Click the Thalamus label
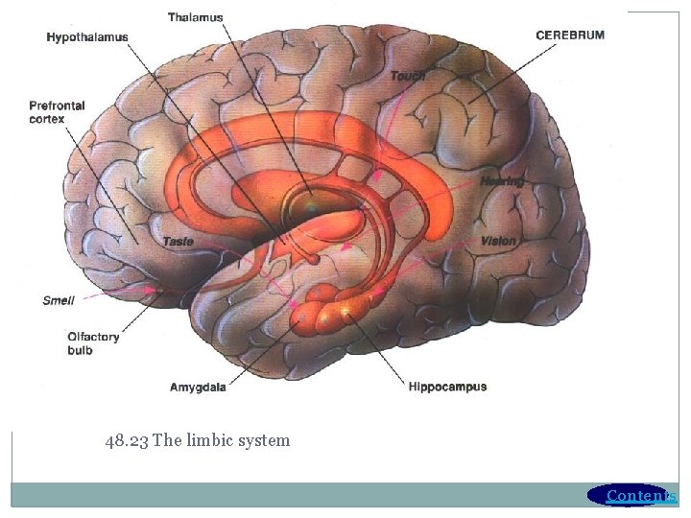pos(195,17)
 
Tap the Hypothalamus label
pos(87,37)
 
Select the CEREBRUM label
pos(570,35)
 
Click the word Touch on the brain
pos(408,76)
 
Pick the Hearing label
pos(502,181)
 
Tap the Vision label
pos(498,241)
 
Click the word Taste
pos(178,242)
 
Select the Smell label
pos(59,300)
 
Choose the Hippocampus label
pos(447,388)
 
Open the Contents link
pos(641,496)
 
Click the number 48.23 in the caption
pos(127,441)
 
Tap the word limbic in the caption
pos(210,441)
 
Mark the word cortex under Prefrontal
pos(47,120)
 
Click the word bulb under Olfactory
pos(80,350)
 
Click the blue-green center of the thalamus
pos(312,205)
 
